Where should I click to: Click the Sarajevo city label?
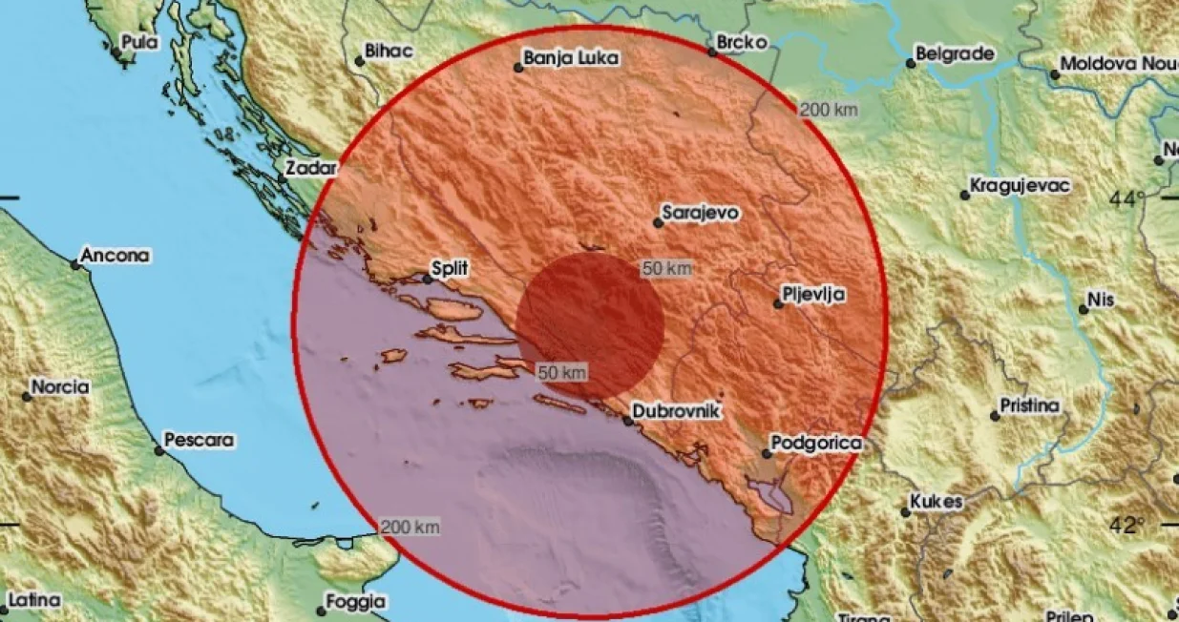pyautogui.click(x=703, y=214)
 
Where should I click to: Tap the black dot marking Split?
pyautogui.click(x=428, y=280)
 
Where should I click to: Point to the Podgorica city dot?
pyautogui.click(x=767, y=453)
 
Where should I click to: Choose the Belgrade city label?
pyautogui.click(x=956, y=54)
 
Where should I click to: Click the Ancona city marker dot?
pyautogui.click(x=75, y=264)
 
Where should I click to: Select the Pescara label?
pyautogui.click(x=200, y=441)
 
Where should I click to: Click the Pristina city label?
pyautogui.click(x=1030, y=406)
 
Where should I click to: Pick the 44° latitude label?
pyautogui.click(x=1126, y=199)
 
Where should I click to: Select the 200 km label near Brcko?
pyautogui.click(x=828, y=110)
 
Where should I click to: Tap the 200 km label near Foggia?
pyautogui.click(x=410, y=527)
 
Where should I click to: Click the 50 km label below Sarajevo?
pyautogui.click(x=666, y=269)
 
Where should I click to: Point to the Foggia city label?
pyautogui.click(x=354, y=602)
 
